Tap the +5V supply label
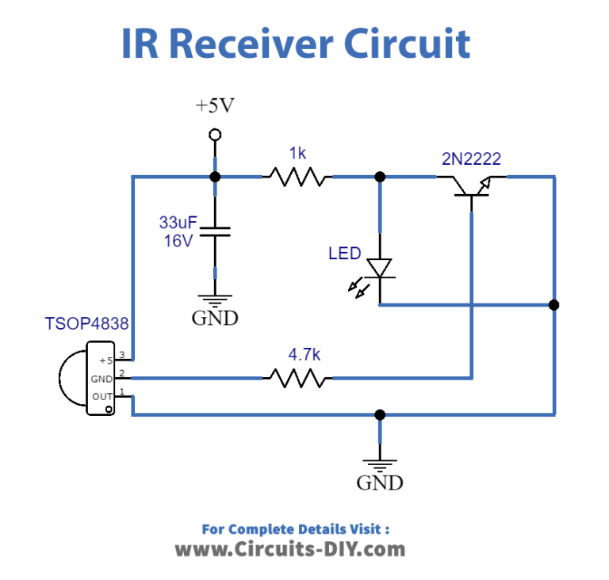[x=215, y=105]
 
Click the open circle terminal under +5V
[x=215, y=135]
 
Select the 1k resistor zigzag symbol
[x=297, y=177]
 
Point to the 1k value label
[x=297, y=154]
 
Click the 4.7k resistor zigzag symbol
[x=297, y=378]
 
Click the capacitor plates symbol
[x=215, y=231]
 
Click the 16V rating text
[x=178, y=241]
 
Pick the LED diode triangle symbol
[x=381, y=269]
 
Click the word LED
[x=345, y=254]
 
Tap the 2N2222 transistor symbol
[x=472, y=185]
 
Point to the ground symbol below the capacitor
[x=215, y=298]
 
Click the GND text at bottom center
[x=380, y=483]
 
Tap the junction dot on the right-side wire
[x=553, y=305]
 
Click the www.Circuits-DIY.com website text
[x=289, y=549]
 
